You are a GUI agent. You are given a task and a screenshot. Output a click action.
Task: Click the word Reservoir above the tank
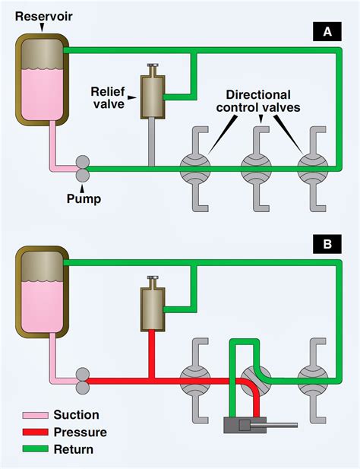tap(43, 16)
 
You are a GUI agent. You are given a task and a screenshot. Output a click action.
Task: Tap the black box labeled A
tap(327, 31)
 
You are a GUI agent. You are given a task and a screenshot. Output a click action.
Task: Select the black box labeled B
tap(327, 244)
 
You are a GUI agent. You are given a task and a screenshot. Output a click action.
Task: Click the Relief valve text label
tap(108, 98)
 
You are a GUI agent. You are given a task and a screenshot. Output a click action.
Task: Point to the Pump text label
tap(84, 198)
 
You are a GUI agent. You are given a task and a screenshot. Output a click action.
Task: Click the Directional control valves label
tap(258, 101)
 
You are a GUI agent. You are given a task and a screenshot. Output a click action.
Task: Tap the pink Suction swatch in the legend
tap(35, 415)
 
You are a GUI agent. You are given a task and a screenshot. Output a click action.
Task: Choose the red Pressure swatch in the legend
tap(35, 432)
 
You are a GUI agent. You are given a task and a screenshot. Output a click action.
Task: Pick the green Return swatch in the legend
tap(35, 449)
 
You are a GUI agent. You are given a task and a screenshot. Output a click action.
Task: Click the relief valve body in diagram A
tap(153, 97)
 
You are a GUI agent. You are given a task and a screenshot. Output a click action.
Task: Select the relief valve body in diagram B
tap(153, 309)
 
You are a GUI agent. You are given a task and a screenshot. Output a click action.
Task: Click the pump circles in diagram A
tap(83, 169)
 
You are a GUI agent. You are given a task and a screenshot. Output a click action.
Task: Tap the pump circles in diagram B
tap(83, 381)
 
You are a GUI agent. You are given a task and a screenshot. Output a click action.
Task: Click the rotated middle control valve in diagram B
tap(256, 381)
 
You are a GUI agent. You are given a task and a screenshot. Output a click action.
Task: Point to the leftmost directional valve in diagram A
tap(195, 169)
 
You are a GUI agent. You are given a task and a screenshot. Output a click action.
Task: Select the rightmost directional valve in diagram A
tap(313, 169)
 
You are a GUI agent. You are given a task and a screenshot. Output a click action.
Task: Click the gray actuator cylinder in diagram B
tap(245, 425)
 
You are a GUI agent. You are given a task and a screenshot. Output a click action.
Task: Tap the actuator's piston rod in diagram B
tap(282, 425)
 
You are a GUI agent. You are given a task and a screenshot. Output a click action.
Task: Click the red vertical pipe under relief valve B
tap(152, 354)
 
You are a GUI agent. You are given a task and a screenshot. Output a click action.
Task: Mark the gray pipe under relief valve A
tap(152, 142)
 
